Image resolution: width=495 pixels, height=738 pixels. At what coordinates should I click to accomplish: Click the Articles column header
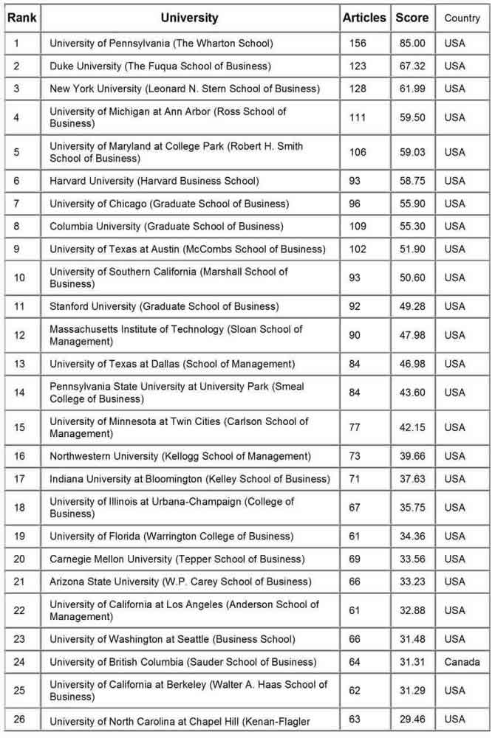(364, 18)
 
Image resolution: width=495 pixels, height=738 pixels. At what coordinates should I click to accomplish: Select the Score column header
(412, 18)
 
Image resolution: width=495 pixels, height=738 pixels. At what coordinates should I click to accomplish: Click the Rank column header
(22, 18)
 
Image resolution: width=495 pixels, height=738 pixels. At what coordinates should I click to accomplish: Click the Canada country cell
(462, 662)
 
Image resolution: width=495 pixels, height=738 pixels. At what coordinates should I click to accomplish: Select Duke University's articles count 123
(358, 66)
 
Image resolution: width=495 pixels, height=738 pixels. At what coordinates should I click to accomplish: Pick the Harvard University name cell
(154, 181)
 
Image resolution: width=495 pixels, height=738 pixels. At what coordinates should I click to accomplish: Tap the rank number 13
(20, 364)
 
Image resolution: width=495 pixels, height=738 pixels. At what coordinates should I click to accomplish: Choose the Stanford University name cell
(164, 306)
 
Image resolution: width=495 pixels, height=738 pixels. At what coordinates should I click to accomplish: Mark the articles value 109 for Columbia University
(358, 227)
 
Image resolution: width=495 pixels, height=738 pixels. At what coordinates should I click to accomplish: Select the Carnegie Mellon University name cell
(177, 559)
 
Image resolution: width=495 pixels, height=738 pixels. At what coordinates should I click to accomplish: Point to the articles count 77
(355, 427)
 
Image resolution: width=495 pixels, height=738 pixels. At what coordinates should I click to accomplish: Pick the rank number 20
(20, 559)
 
